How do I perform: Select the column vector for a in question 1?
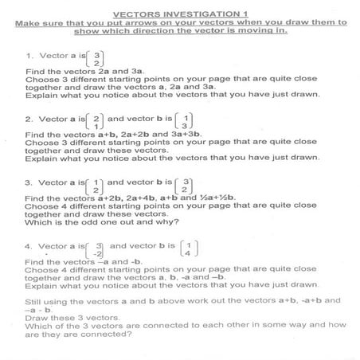[x=96, y=58]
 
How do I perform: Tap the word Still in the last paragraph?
[x=35, y=300]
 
